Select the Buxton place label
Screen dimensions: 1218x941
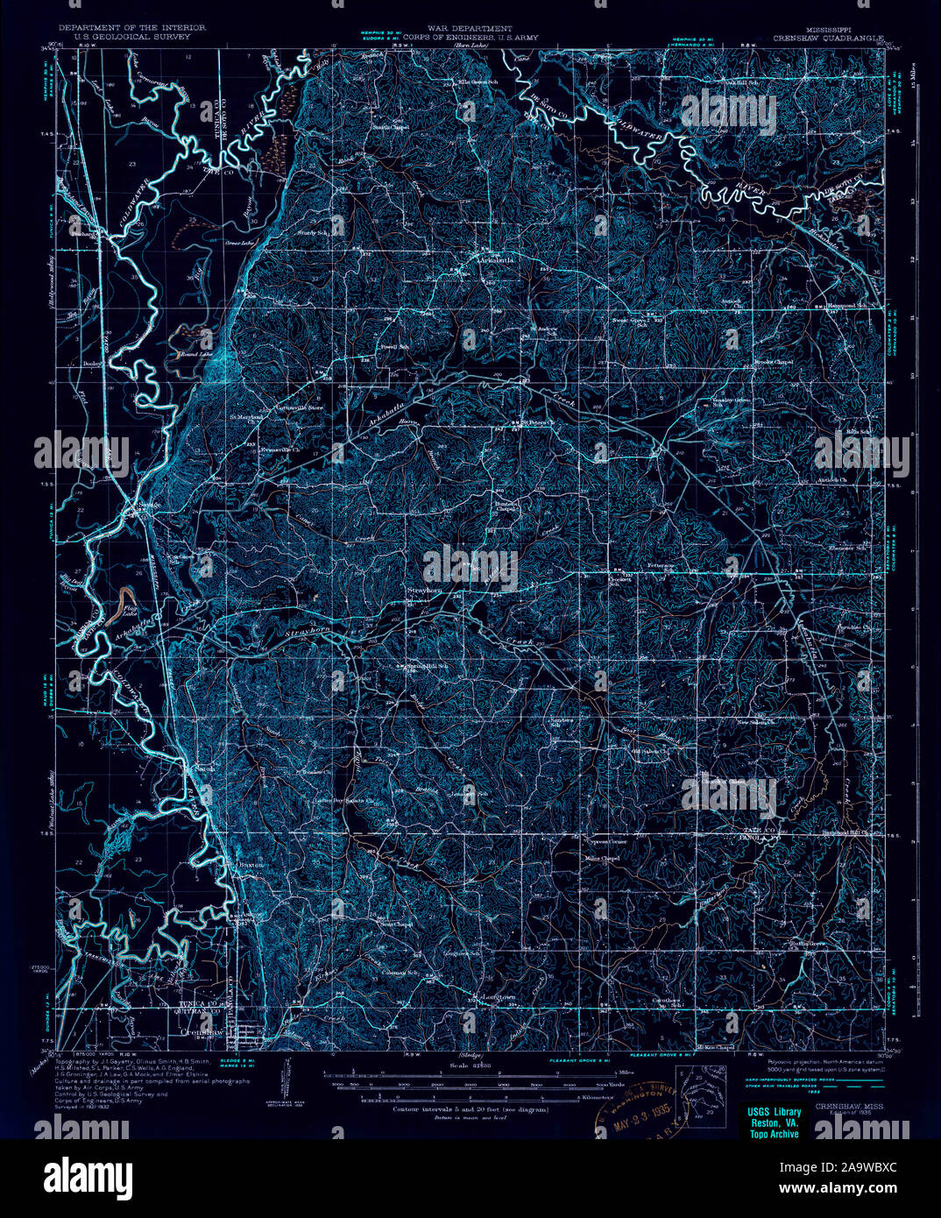pos(251,863)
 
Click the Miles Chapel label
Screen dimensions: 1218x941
pos(602,858)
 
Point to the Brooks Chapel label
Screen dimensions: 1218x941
pos(774,362)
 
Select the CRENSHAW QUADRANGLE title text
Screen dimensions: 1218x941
pos(828,39)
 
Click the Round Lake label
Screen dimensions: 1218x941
pos(195,354)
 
